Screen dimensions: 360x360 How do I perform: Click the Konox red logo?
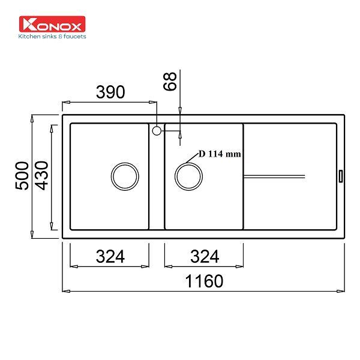click(52, 24)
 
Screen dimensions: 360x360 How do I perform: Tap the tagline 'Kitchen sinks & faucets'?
click(52, 37)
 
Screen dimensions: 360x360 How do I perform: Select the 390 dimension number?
click(110, 92)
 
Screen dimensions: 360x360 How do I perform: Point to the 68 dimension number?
click(170, 81)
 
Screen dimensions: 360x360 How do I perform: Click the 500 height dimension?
click(22, 176)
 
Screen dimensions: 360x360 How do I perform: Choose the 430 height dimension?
click(41, 176)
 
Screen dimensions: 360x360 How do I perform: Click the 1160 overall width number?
click(204, 281)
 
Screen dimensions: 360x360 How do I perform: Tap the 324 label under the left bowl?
click(110, 256)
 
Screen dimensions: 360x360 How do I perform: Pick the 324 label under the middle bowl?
click(205, 256)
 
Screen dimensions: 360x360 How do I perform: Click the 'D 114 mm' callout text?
click(220, 154)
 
